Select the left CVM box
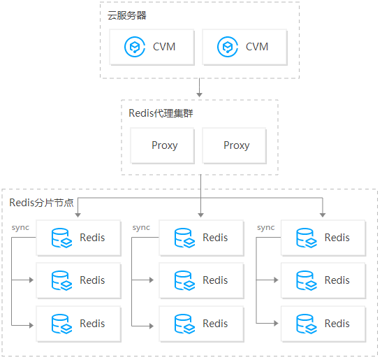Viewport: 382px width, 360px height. pos(151,47)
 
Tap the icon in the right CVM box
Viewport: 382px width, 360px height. pos(227,47)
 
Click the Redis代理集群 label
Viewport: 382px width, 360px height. pos(162,113)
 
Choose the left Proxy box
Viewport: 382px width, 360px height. pos(164,145)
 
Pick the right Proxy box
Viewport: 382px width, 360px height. pos(236,145)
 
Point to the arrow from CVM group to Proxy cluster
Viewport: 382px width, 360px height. pos(200,89)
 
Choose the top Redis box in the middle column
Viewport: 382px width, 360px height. pos(201,238)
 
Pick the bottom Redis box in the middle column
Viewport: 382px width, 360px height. pos(201,324)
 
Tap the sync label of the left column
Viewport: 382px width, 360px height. pos(20,228)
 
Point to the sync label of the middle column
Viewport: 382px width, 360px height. pos(141,228)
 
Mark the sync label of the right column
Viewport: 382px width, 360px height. pos(265,228)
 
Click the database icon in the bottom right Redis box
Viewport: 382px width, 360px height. pos(306,324)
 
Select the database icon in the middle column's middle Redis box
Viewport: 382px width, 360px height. pos(184,280)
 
